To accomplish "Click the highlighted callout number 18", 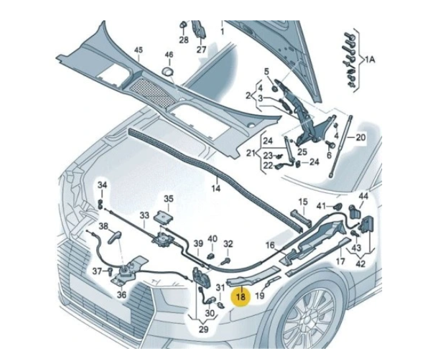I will click(241, 297).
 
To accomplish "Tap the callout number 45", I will click(138, 51).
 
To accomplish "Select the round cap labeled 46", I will click(168, 72).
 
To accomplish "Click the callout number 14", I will click(215, 189).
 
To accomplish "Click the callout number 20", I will click(360, 137).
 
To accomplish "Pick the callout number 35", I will click(169, 198).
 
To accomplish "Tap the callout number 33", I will click(144, 215).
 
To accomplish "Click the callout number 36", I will click(122, 294).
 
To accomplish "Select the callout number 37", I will click(96, 271).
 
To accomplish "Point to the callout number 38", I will click(103, 226).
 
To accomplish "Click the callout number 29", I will click(203, 328).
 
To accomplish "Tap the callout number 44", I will click(364, 196).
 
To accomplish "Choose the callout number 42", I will click(361, 263).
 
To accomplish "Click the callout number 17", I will click(341, 261).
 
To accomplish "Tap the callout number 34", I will click(101, 185).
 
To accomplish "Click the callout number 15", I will click(303, 201).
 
